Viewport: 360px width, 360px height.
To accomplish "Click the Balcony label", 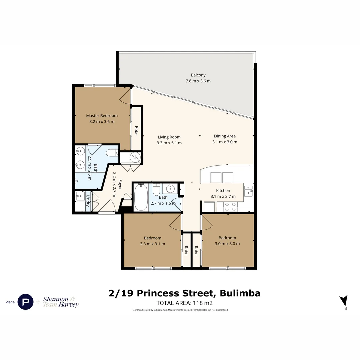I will pyautogui.click(x=198, y=75).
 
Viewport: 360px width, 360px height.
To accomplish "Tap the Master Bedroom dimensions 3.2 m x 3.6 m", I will pyautogui.click(x=102, y=122).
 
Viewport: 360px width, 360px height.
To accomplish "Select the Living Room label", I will pyautogui.click(x=169, y=137).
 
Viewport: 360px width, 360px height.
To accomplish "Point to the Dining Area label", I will pyautogui.click(x=225, y=136).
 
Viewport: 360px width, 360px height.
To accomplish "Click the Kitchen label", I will pyautogui.click(x=223, y=191).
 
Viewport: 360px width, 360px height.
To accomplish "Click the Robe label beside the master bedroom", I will pyautogui.click(x=136, y=130).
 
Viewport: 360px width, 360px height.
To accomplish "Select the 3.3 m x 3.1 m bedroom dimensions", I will pyautogui.click(x=152, y=244).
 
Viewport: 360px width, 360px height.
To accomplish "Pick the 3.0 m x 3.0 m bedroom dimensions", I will pyautogui.click(x=227, y=244).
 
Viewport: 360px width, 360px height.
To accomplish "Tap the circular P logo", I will pyautogui.click(x=25, y=302).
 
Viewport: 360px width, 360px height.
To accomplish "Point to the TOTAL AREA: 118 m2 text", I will pyautogui.click(x=184, y=303).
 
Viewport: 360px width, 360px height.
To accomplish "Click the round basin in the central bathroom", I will pyautogui.click(x=170, y=189).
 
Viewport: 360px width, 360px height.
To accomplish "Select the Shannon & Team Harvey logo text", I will pyautogui.click(x=61, y=302).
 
